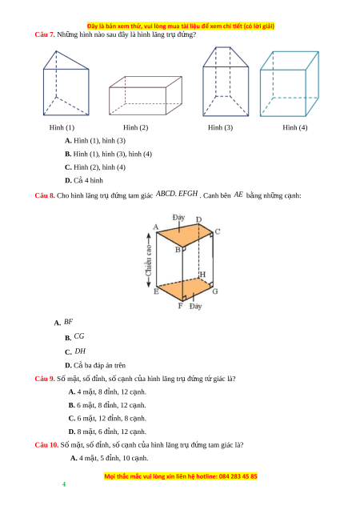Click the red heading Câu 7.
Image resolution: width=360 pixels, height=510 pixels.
click(x=45, y=34)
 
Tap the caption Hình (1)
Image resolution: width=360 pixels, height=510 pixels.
click(x=62, y=127)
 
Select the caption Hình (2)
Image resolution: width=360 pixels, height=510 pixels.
click(x=135, y=127)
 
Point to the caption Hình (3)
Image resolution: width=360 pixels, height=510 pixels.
click(x=220, y=127)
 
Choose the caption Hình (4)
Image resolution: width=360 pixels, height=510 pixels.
click(x=294, y=127)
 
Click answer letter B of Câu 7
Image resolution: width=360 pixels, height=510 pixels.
click(x=68, y=155)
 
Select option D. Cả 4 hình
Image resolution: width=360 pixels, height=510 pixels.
click(x=84, y=180)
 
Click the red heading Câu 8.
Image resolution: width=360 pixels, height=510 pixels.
click(x=45, y=195)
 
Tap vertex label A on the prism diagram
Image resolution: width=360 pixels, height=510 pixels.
click(x=156, y=227)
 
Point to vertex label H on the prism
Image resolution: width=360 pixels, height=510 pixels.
click(x=202, y=275)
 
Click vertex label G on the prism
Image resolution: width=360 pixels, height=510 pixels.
click(x=215, y=291)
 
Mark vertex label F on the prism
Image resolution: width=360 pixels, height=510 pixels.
click(x=180, y=306)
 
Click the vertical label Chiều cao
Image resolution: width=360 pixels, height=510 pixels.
click(x=149, y=260)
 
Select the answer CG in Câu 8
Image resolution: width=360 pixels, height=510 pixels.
click(x=79, y=336)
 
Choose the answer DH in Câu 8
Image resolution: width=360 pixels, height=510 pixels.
click(x=80, y=351)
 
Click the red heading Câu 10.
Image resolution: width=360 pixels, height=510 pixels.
click(x=46, y=445)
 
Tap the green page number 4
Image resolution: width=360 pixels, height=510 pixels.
click(x=64, y=484)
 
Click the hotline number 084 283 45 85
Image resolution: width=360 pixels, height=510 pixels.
click(x=238, y=476)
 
